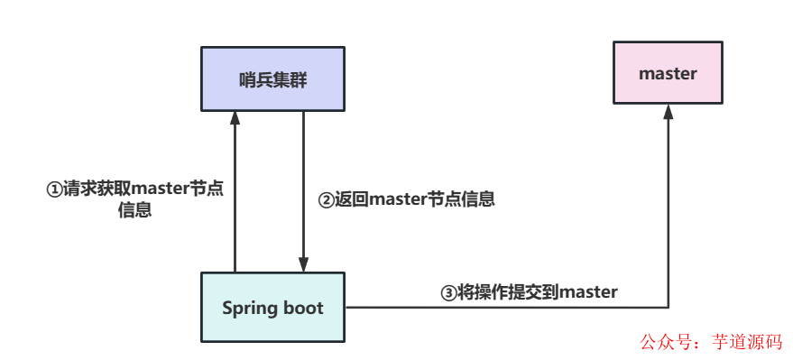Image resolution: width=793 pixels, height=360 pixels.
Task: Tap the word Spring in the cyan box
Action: [x=247, y=308]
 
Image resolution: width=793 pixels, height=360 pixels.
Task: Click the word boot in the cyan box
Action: [x=302, y=308]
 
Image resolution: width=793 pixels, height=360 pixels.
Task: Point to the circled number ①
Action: [x=54, y=189]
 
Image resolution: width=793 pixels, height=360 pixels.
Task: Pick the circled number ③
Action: [x=448, y=291]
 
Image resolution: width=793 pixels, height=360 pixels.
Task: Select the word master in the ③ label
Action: [x=588, y=291]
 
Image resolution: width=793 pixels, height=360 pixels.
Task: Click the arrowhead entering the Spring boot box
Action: [x=303, y=265]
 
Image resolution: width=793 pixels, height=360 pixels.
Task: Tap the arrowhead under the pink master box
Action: [x=668, y=110]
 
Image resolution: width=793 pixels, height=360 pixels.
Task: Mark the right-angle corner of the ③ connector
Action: [x=668, y=308]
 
